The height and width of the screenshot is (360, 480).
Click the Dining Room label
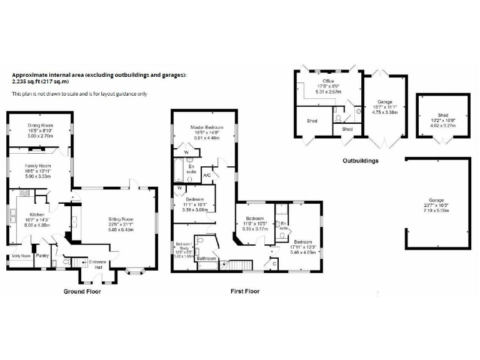point(38,126)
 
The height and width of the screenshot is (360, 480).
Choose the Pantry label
point(42,256)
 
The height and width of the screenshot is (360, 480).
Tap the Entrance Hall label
point(98,264)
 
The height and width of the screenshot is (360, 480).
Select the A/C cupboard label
point(207,176)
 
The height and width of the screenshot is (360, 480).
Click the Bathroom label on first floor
point(206,258)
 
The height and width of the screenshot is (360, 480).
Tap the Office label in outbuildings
point(328,81)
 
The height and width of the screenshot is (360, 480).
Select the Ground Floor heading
point(82,291)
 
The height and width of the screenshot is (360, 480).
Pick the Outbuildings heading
point(360,161)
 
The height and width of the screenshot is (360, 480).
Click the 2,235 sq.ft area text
point(41,82)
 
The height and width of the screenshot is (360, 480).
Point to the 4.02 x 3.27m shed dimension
point(442,125)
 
